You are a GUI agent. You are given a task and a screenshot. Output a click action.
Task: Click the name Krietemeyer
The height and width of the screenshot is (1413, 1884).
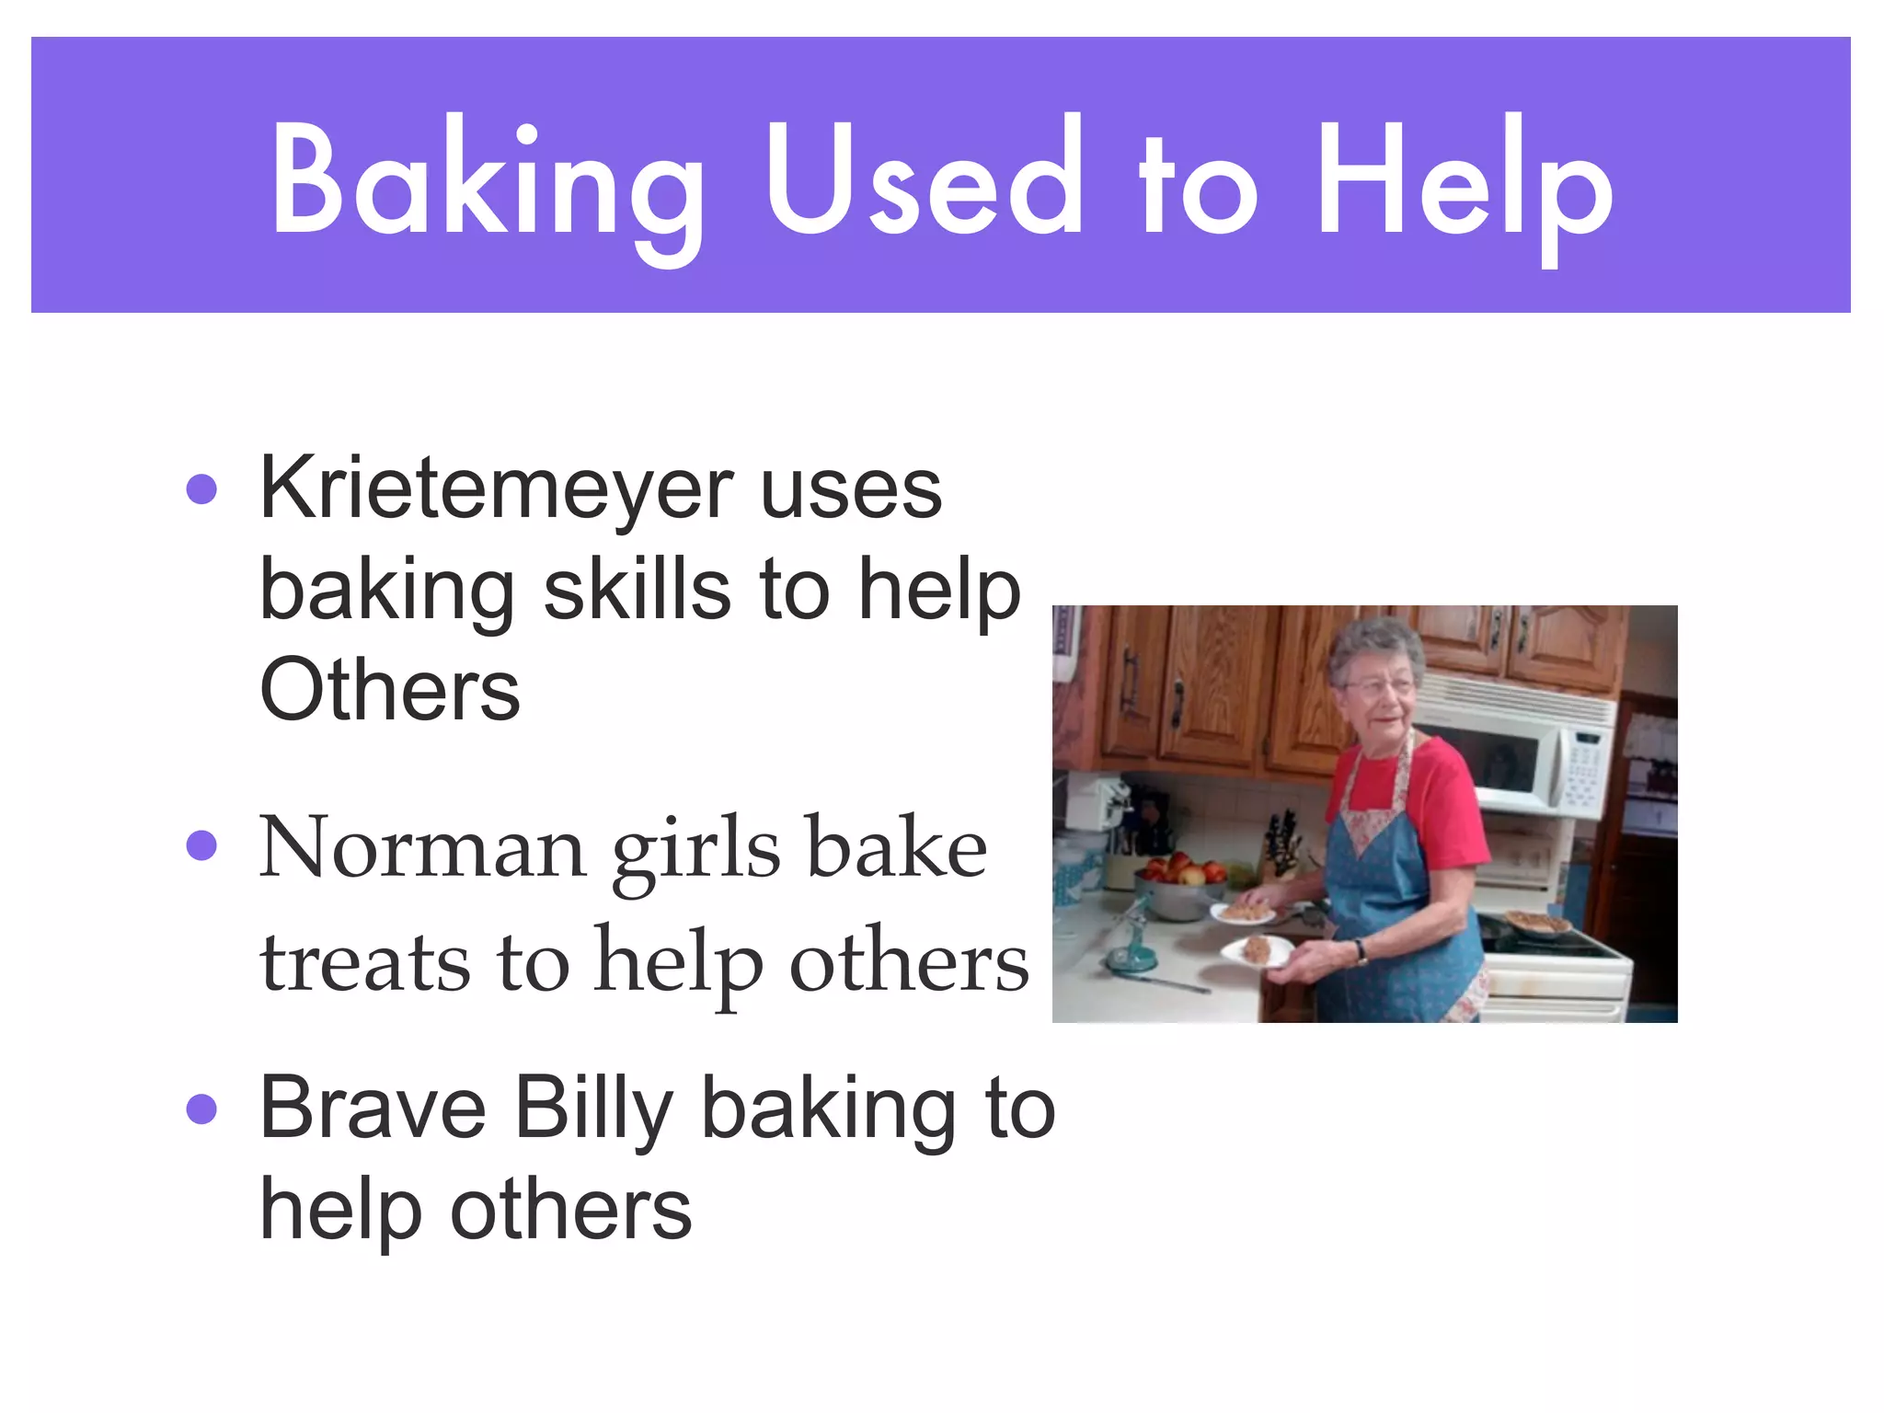497,490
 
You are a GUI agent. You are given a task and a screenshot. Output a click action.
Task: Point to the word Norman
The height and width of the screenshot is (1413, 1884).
422,848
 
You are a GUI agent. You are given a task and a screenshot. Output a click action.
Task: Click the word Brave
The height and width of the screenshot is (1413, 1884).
373,1109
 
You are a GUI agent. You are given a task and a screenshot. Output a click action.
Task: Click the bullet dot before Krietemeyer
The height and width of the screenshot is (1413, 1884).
201,489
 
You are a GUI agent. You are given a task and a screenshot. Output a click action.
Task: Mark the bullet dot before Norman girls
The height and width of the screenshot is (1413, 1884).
201,844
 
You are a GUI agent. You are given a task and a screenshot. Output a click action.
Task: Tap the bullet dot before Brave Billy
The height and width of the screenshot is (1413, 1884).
201,1109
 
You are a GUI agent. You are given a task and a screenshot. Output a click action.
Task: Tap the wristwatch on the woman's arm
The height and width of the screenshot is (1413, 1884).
1361,950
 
